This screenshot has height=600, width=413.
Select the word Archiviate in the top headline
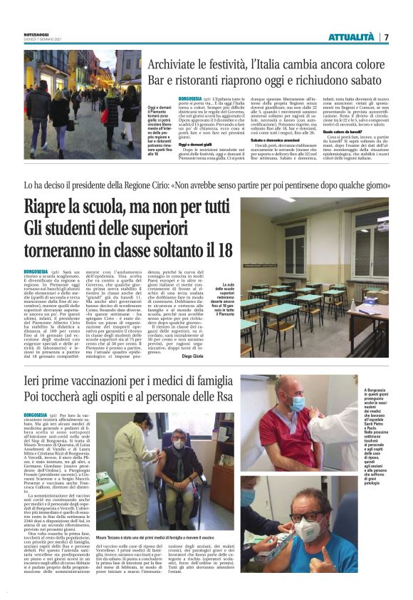(x=202, y=63)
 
